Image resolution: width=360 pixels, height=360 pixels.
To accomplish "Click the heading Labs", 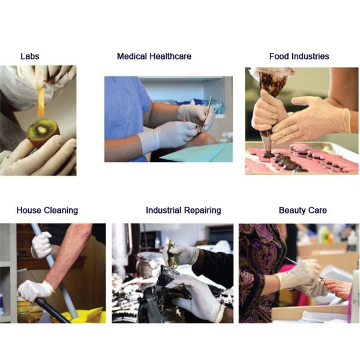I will click(29, 56).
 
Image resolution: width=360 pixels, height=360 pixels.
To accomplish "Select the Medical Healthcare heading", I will click(154, 56).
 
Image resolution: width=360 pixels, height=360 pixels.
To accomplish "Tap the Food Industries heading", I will click(299, 56).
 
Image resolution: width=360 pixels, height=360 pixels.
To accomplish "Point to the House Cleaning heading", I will click(47, 211).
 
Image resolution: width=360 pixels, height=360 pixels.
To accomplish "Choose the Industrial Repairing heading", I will click(183, 211).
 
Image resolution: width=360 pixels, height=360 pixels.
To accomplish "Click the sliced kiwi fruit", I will click(43, 131).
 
